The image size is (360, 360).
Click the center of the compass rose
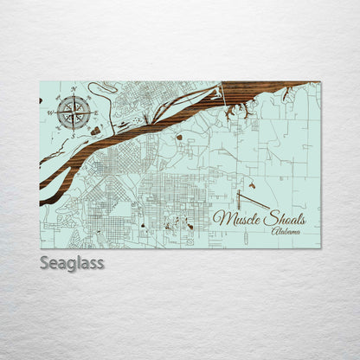point(74,112)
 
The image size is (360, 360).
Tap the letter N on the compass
point(74,89)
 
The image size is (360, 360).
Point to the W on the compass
point(50,112)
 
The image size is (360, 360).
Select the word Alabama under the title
point(286,232)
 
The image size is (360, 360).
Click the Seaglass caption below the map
point(72,262)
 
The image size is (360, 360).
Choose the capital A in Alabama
point(274,232)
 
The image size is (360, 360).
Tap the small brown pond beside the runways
point(251,185)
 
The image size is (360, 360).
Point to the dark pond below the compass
point(95,131)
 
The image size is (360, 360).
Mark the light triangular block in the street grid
point(121,208)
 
